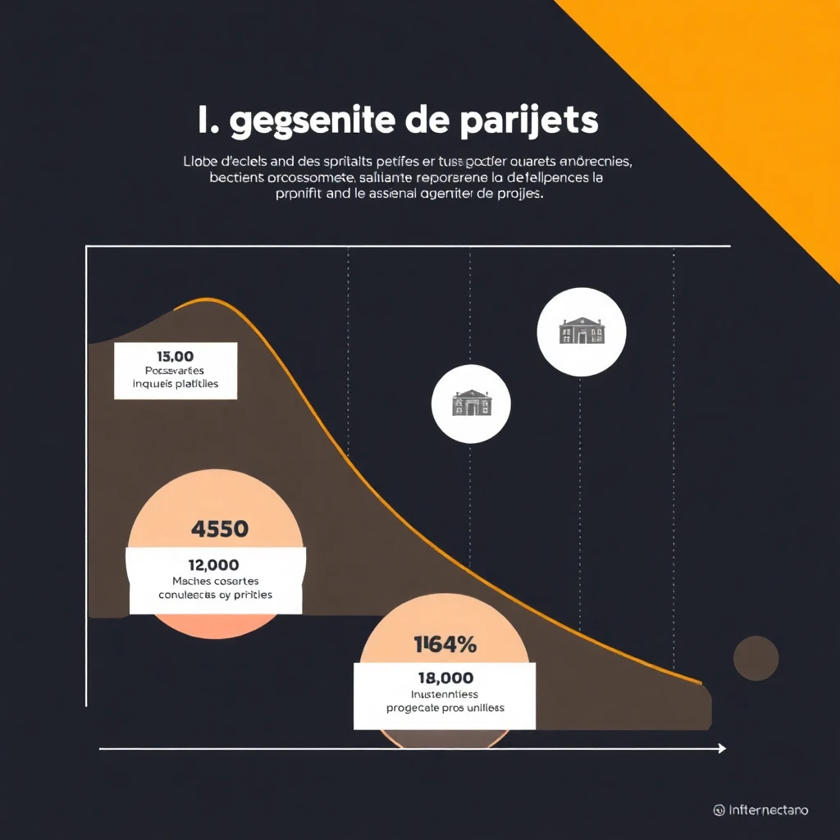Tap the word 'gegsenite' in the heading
click(x=312, y=121)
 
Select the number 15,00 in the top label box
click(x=174, y=356)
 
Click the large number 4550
click(x=219, y=529)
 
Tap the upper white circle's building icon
click(x=582, y=331)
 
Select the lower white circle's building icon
click(x=472, y=402)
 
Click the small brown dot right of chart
click(x=756, y=658)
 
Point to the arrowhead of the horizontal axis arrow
click(x=722, y=748)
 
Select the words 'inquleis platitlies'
click(x=176, y=383)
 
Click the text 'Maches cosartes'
click(x=213, y=580)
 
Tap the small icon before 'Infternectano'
click(x=719, y=810)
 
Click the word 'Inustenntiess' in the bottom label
click(x=444, y=694)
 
